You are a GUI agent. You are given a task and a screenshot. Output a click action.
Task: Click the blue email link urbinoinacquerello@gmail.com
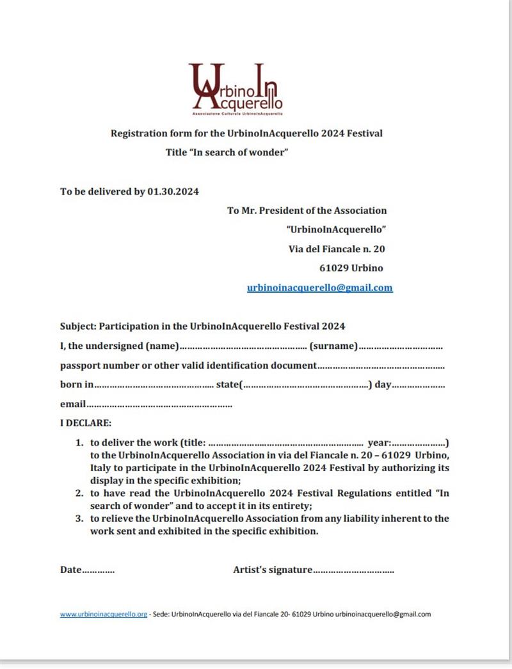tap(319, 288)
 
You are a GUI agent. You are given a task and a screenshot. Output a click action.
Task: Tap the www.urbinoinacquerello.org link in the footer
tap(104, 614)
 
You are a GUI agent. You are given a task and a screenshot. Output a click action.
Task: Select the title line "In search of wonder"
tap(227, 152)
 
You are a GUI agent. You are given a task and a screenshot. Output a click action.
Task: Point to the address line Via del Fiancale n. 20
tap(337, 249)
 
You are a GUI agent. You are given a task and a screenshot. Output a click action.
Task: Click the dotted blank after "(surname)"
tap(400, 346)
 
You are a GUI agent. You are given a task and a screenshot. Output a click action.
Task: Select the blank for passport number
tap(381, 366)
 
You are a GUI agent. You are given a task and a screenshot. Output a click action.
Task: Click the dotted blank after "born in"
tap(154, 385)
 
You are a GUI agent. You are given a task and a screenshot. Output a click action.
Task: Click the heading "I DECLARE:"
tap(86, 423)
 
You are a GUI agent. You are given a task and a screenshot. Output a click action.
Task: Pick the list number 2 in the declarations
tap(80, 493)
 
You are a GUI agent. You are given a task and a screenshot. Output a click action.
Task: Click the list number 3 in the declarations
tap(80, 519)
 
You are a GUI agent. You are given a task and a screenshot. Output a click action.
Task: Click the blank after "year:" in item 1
tap(419, 442)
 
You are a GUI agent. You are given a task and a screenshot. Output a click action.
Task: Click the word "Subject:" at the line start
tap(78, 326)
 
